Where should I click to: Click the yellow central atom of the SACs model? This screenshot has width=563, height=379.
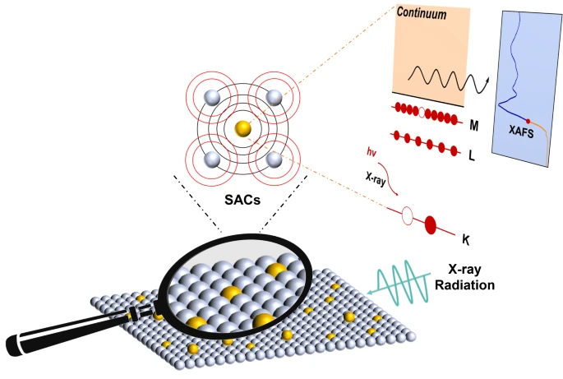pos(242,128)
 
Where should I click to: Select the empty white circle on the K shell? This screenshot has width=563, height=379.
pos(406,217)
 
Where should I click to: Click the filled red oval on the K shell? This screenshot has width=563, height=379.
pos(429,224)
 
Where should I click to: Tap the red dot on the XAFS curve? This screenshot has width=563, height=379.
pos(528,121)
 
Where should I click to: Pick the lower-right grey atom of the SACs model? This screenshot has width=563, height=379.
pos(275,159)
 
